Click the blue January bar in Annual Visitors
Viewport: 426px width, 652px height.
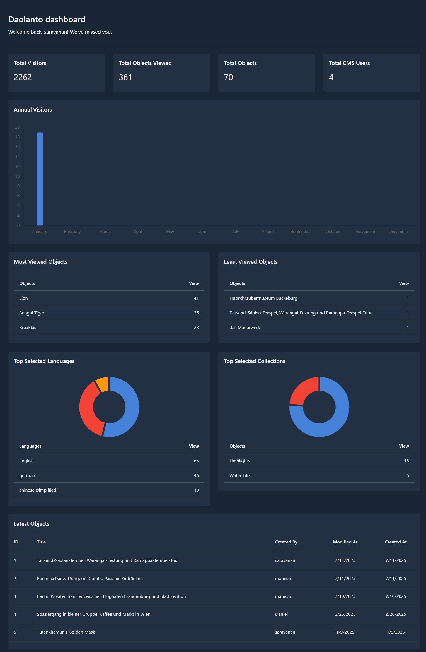(x=40, y=179)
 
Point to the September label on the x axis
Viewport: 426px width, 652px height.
(x=300, y=232)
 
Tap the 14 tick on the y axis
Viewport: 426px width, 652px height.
(x=17, y=157)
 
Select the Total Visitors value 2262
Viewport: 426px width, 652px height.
(x=23, y=77)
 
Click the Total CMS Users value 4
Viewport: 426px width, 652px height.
(x=331, y=77)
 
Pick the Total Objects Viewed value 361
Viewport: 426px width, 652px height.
(x=125, y=77)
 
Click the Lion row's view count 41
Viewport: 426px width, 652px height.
(x=196, y=298)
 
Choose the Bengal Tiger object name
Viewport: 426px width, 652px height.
(x=32, y=313)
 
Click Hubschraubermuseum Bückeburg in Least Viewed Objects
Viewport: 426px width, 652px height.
(x=263, y=298)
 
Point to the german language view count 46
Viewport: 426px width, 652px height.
(x=196, y=476)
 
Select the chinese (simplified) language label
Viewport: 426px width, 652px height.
(x=38, y=490)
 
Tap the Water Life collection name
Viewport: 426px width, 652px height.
(x=239, y=476)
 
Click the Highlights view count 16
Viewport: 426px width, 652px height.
(x=406, y=461)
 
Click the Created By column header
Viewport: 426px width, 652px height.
(x=286, y=542)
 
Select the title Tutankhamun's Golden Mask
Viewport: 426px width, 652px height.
(x=66, y=632)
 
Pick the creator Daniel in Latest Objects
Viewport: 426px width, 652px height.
(x=281, y=614)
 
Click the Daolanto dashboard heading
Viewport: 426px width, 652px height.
(x=47, y=20)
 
